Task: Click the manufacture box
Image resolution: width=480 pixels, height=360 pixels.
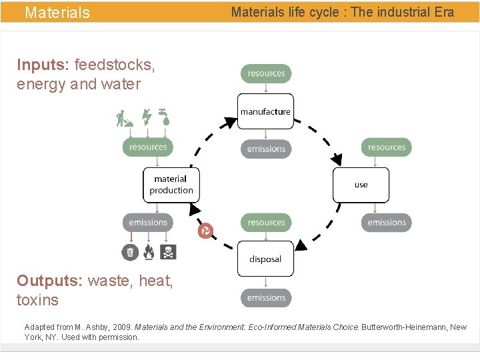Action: point(265,111)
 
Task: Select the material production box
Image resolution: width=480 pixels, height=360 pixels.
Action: point(171,185)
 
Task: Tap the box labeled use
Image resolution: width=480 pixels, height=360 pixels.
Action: point(361,185)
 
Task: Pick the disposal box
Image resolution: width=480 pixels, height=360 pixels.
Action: point(265,259)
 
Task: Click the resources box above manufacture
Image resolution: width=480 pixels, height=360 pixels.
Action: point(266,73)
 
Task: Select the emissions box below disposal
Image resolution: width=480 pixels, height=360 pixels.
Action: point(266,297)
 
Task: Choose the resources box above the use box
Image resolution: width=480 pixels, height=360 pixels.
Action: point(386,147)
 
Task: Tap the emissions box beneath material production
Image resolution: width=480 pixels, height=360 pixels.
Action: point(148,222)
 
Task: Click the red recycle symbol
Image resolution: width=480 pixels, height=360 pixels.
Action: point(205,231)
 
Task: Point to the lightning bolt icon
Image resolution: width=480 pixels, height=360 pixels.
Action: point(147,117)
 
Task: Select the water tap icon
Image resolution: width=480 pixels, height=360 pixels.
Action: point(164,117)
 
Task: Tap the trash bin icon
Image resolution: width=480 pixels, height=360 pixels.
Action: point(130,252)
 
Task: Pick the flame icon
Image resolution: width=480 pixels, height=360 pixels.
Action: point(149,252)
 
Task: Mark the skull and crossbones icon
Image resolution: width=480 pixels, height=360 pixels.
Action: point(168,252)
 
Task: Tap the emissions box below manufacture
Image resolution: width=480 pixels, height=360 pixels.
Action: point(266,149)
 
